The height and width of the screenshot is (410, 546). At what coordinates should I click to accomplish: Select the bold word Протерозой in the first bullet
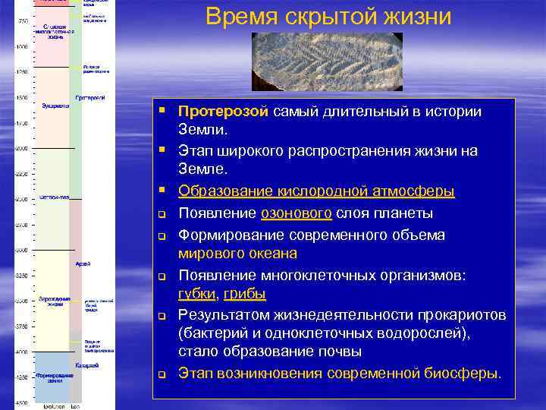tap(223, 112)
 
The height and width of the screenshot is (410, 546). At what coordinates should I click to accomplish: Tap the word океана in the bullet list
tap(273, 253)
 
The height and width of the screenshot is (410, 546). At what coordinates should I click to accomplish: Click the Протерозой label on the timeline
tap(90, 97)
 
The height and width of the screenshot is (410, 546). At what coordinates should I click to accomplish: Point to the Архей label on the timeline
tap(83, 263)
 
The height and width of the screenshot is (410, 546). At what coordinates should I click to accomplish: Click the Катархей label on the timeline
tap(85, 365)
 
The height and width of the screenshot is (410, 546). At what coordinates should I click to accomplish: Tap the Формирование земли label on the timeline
tap(54, 378)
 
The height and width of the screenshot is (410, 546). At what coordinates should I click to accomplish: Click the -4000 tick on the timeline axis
tap(22, 352)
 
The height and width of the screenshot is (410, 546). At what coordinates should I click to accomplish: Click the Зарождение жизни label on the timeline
tap(55, 302)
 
